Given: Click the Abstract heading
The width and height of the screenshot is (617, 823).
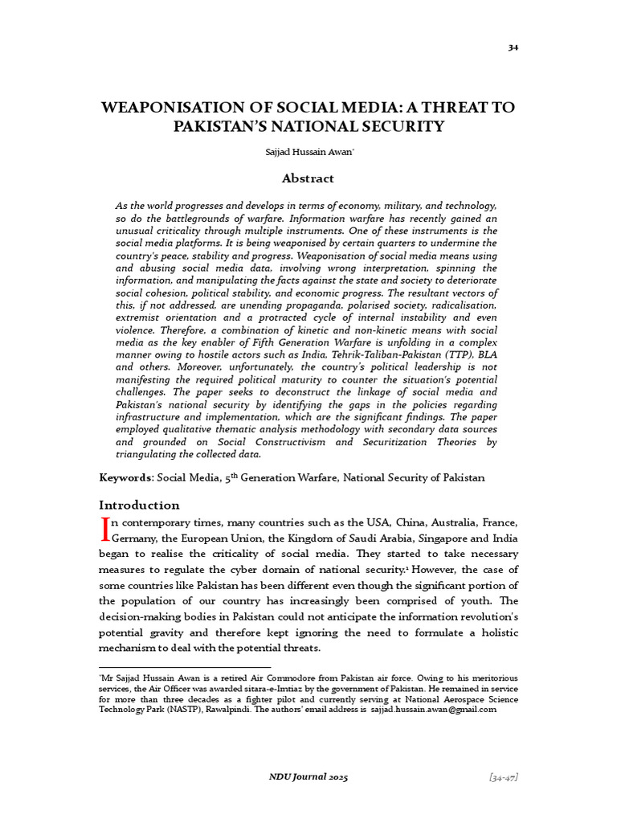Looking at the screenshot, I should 308,178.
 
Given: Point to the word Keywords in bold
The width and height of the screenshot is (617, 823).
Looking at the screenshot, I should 125,477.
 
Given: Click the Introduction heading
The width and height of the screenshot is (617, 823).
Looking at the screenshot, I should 139,505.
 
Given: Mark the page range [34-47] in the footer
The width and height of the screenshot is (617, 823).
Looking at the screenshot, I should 503,776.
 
